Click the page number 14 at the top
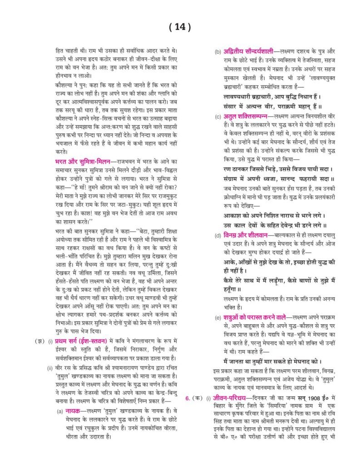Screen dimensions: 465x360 [x=180, y=27]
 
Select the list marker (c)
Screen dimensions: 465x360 [x=218, y=117]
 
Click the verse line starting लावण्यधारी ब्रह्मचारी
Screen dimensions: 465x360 [x=272, y=97]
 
